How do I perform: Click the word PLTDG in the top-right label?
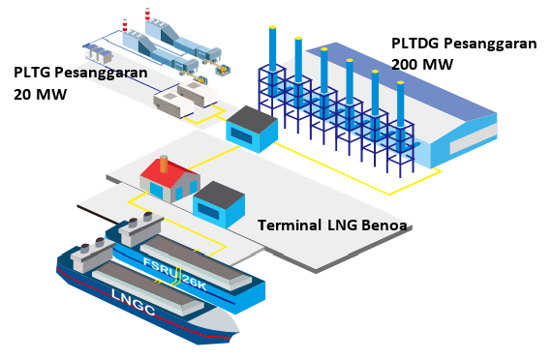[415, 45]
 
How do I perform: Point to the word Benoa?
[388, 226]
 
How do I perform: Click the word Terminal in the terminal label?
[289, 225]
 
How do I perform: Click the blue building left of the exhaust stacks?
[251, 128]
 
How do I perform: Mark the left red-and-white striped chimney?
[125, 24]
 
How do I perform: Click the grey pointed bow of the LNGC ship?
[217, 325]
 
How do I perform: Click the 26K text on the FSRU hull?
[197, 282]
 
